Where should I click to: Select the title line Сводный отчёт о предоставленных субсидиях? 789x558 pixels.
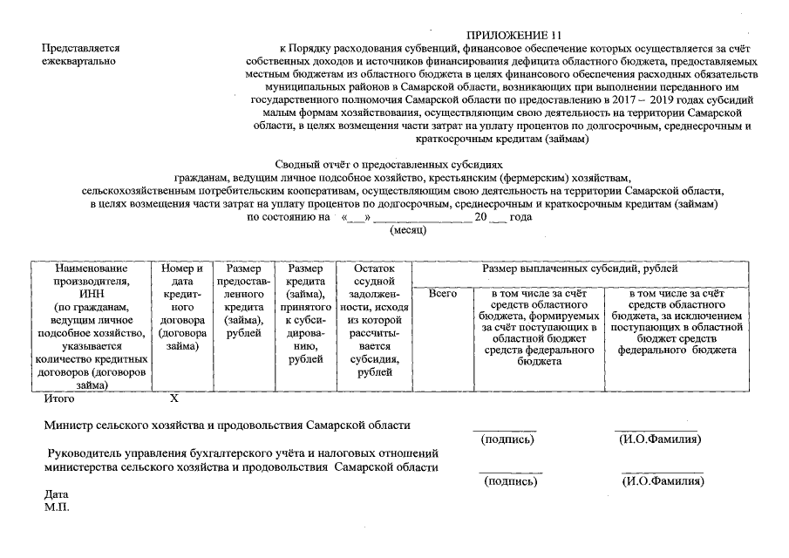389,164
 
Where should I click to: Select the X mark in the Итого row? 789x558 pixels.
173,399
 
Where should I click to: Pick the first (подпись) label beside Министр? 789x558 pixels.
507,439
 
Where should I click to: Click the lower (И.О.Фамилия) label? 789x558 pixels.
662,481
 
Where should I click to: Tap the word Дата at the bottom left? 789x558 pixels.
56,494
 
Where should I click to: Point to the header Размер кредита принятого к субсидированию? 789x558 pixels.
305,313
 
